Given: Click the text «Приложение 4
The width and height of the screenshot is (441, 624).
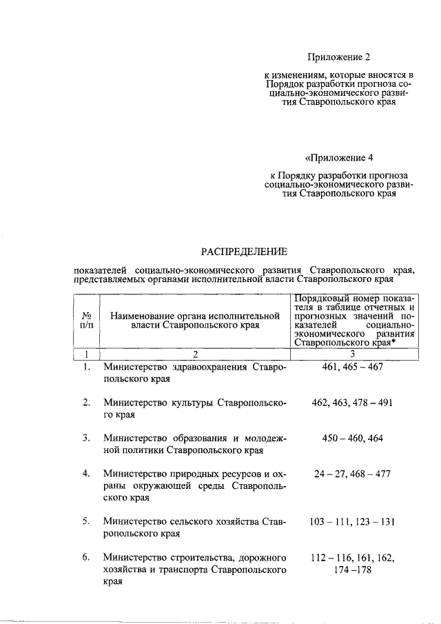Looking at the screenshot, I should click(x=334, y=157).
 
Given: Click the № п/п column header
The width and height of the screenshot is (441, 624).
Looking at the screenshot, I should click(x=87, y=319).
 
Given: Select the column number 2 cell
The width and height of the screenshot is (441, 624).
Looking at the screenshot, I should click(x=196, y=354).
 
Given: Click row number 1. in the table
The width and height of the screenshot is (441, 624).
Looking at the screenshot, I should click(x=87, y=367).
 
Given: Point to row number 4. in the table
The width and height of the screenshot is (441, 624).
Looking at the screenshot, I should click(x=87, y=474).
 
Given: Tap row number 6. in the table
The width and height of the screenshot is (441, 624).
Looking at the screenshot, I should click(x=87, y=557).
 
